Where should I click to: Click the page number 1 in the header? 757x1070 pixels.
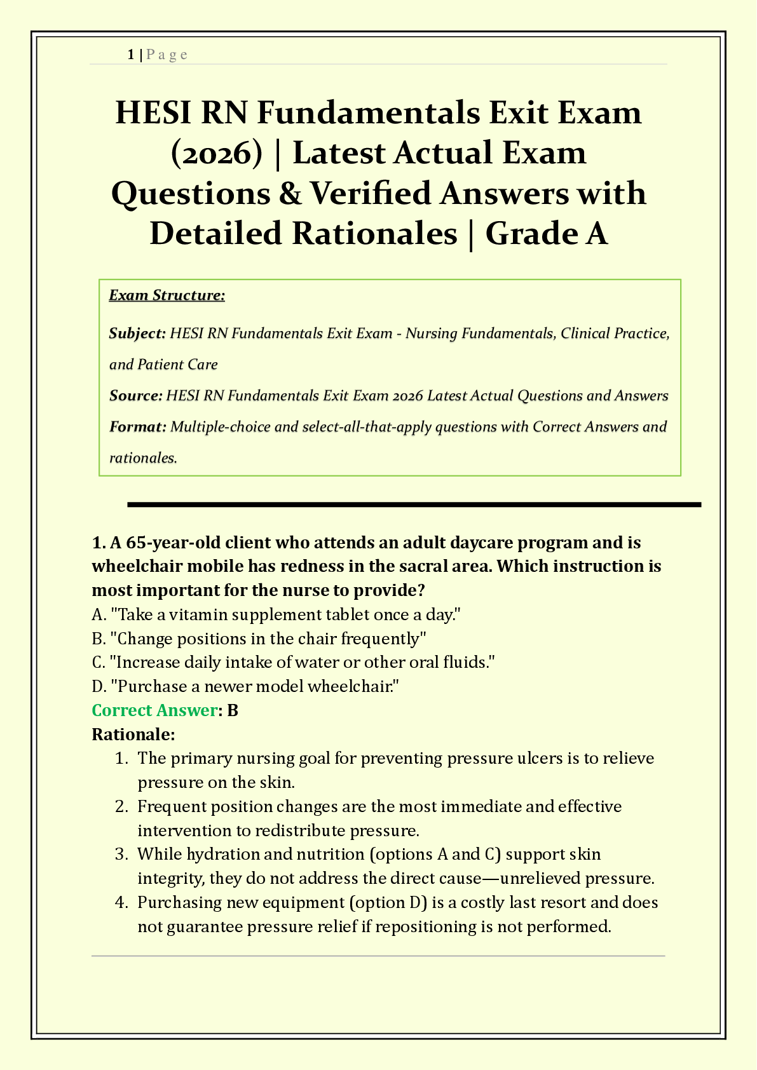pos(130,55)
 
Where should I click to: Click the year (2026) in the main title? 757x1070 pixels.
pos(217,153)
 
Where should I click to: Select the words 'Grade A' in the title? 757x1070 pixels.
pos(547,233)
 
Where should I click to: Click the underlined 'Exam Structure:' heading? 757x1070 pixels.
pos(167,295)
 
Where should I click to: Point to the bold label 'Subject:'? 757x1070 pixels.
pos(137,334)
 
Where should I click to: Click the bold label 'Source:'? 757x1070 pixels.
pos(135,396)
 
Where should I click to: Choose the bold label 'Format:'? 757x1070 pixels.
pos(137,427)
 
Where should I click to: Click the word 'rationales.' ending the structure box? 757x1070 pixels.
pos(143,458)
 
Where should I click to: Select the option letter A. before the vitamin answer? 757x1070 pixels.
pos(99,614)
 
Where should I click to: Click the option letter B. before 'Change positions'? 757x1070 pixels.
pos(99,639)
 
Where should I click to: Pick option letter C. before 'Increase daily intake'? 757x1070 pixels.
pos(99,663)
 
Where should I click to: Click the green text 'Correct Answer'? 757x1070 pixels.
pos(154,710)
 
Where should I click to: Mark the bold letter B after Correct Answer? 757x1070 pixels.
pos(233,710)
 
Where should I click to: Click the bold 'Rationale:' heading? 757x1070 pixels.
pos(133,735)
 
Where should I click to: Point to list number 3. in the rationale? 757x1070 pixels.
pos(122,854)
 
